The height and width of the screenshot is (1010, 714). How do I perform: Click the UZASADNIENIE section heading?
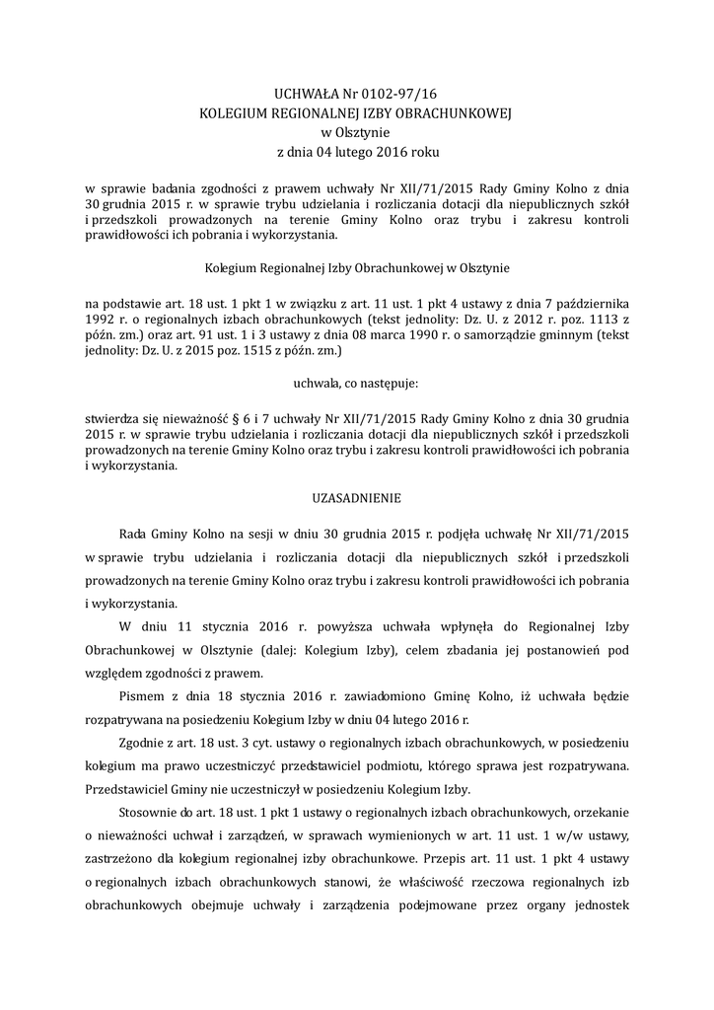coord(356,498)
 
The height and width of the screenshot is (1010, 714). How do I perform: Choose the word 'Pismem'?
coord(142,695)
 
